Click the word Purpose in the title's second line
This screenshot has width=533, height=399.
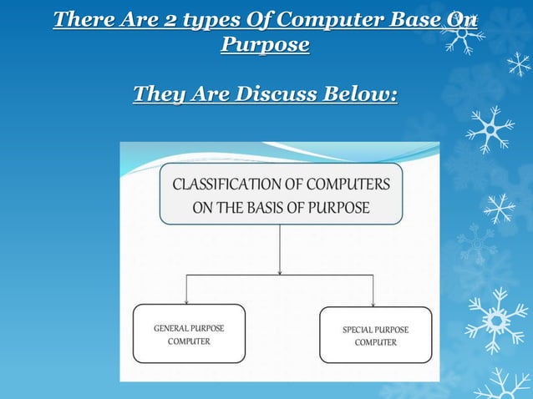[265, 44]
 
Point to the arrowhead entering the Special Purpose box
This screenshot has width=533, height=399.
[373, 302]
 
